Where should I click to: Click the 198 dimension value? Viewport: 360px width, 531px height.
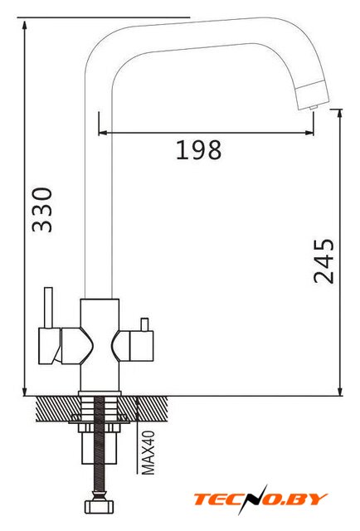pos(199,149)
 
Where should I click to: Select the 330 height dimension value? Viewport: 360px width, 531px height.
pos(42,210)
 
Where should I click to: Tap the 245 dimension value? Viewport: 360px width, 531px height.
pos(324,261)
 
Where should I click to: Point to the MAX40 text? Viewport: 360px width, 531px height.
pos(148,453)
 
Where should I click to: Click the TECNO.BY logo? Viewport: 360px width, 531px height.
pos(260,499)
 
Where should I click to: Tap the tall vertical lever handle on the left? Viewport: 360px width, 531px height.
pos(48,308)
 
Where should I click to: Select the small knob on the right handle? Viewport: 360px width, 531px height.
pos(144,324)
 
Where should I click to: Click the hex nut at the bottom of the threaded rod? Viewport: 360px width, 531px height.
pos(100,507)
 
